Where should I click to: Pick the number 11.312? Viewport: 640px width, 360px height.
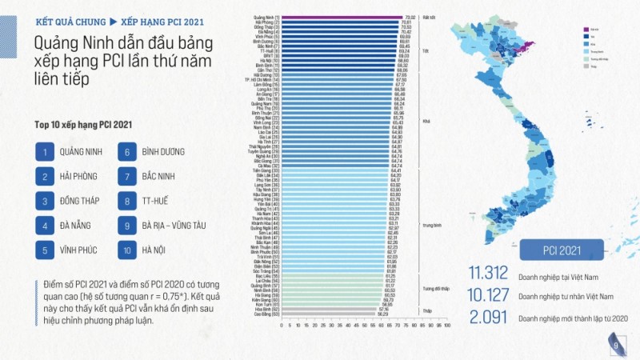coord(489,274)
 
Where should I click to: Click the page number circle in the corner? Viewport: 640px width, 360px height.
coord(616,344)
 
